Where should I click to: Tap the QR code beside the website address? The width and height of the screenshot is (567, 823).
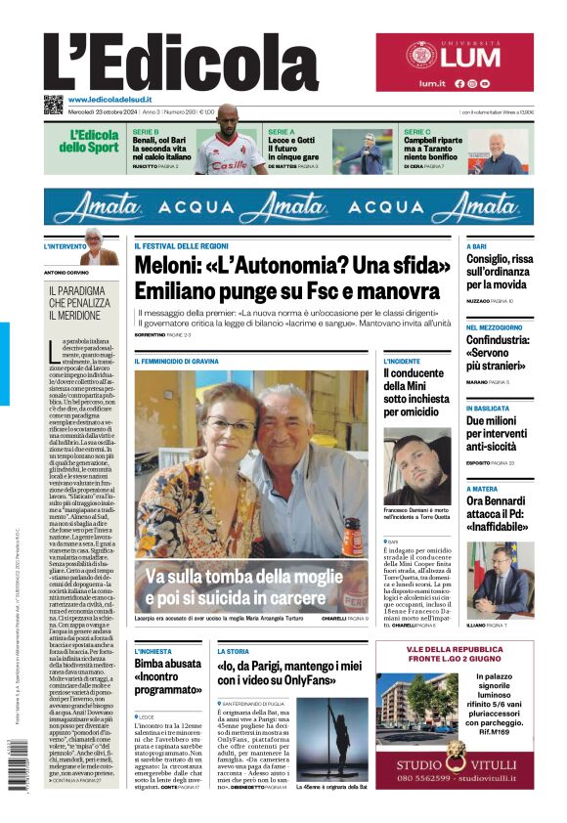point(53,105)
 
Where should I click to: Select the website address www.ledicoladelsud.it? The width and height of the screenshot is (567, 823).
point(115,100)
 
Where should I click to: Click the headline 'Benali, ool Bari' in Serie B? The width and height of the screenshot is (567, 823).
point(160,148)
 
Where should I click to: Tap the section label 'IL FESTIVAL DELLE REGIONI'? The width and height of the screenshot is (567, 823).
point(182,244)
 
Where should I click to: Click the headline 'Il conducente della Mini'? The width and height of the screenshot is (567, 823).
point(414,385)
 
